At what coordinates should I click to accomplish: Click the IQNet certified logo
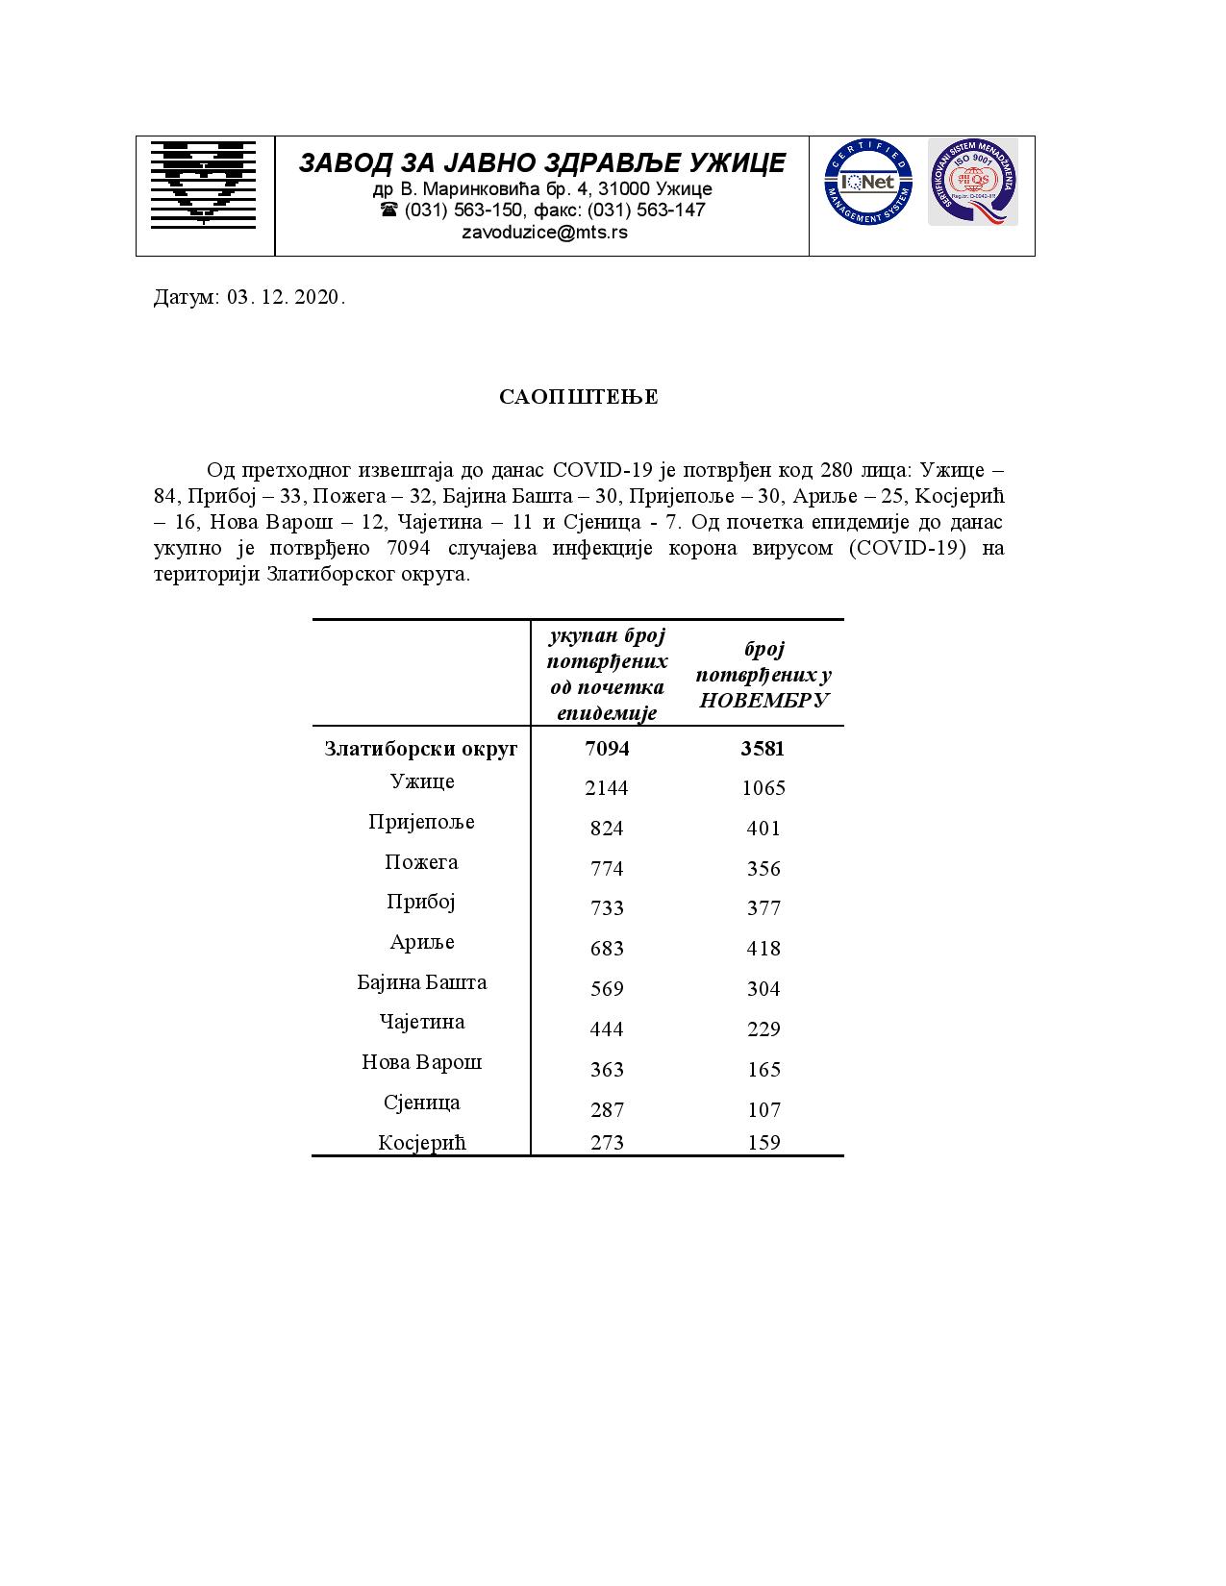click(866, 183)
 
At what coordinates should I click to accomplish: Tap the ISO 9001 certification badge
click(972, 183)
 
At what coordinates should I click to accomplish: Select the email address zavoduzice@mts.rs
click(544, 233)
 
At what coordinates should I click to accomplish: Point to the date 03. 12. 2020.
click(286, 297)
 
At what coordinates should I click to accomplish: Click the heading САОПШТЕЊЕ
click(579, 398)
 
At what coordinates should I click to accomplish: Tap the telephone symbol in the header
click(388, 210)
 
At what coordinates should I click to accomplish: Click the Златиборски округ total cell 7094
click(607, 748)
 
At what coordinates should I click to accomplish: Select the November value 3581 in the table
click(763, 748)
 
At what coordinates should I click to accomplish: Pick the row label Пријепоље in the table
click(421, 822)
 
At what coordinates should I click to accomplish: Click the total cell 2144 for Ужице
click(607, 788)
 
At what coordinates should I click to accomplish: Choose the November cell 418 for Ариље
click(763, 949)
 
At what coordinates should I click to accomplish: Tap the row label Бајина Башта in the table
click(421, 982)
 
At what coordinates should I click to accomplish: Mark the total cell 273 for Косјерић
click(607, 1143)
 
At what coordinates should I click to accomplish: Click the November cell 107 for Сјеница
click(763, 1110)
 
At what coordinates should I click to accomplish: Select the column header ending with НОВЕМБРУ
click(763, 675)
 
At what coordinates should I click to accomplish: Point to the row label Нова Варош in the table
click(421, 1062)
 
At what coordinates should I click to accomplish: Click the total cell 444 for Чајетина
click(607, 1029)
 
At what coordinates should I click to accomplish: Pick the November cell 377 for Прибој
click(763, 908)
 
